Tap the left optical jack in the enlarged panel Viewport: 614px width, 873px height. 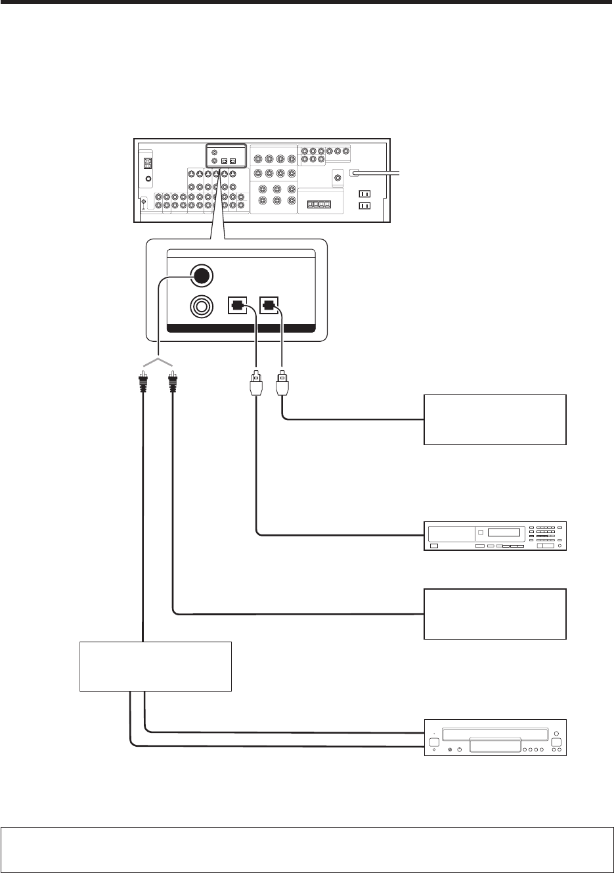pos(238,306)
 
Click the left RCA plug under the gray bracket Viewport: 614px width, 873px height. pos(141,382)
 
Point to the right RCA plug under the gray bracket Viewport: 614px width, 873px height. pos(173,382)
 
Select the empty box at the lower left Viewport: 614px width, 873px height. pos(156,666)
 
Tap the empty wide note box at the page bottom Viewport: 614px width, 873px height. pos(307,849)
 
